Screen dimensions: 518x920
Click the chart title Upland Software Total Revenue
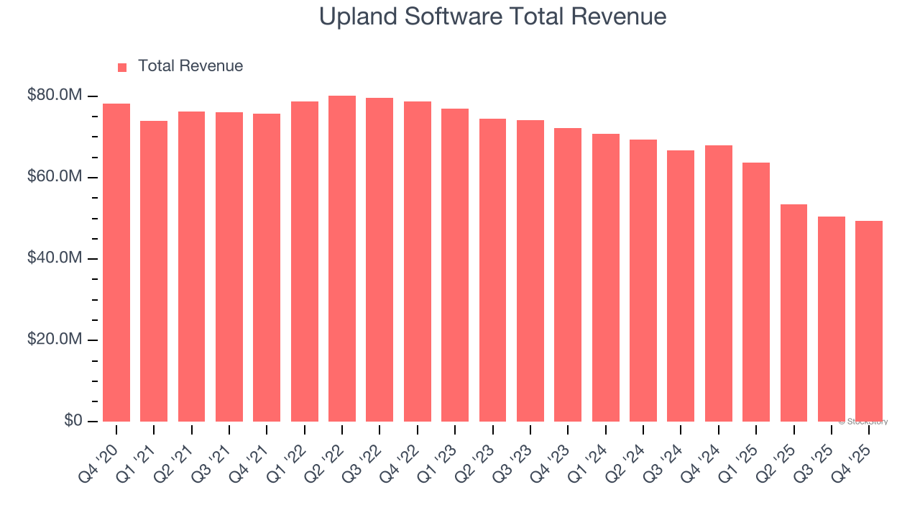(x=492, y=17)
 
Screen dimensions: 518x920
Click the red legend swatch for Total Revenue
(x=122, y=67)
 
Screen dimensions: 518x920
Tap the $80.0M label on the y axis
(x=55, y=96)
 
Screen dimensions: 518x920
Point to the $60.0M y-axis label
(x=55, y=177)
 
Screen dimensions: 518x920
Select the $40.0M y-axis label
(x=55, y=258)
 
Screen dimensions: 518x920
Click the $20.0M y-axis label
(x=55, y=340)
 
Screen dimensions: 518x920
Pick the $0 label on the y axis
(x=73, y=421)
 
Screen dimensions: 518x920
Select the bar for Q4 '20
(x=116, y=263)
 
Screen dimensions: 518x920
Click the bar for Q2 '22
(x=342, y=259)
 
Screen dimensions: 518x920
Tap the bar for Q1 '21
(x=154, y=271)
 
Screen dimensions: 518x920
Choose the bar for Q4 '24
(x=719, y=283)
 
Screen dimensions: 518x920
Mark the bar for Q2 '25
(x=793, y=313)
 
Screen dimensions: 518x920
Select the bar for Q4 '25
(x=869, y=321)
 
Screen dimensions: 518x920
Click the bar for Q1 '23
(x=455, y=265)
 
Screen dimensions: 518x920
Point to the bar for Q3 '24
(x=681, y=286)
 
